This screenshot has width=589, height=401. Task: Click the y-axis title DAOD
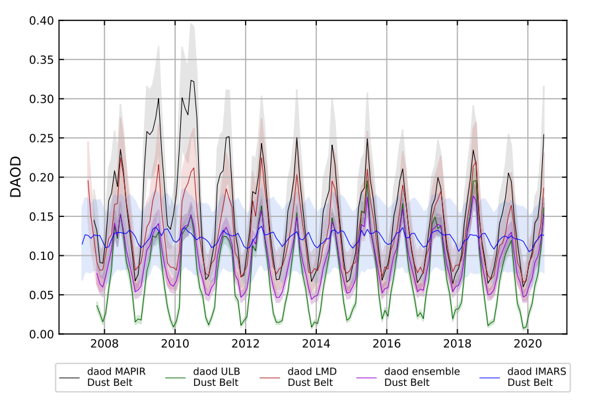point(16,177)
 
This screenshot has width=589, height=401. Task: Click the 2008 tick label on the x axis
point(104,344)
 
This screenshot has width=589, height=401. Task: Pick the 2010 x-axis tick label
point(174,344)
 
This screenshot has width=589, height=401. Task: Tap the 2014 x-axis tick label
point(316,344)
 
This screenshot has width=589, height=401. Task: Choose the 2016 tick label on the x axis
point(387,344)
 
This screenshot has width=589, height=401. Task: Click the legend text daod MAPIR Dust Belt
point(116,377)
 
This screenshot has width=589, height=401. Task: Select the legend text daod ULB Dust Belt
point(215,377)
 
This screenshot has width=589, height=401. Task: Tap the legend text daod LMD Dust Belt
point(312,377)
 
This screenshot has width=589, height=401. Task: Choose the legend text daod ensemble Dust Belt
point(421,377)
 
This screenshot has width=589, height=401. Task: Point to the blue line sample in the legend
point(491,377)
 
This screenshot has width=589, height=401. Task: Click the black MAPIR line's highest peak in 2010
point(191,80)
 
